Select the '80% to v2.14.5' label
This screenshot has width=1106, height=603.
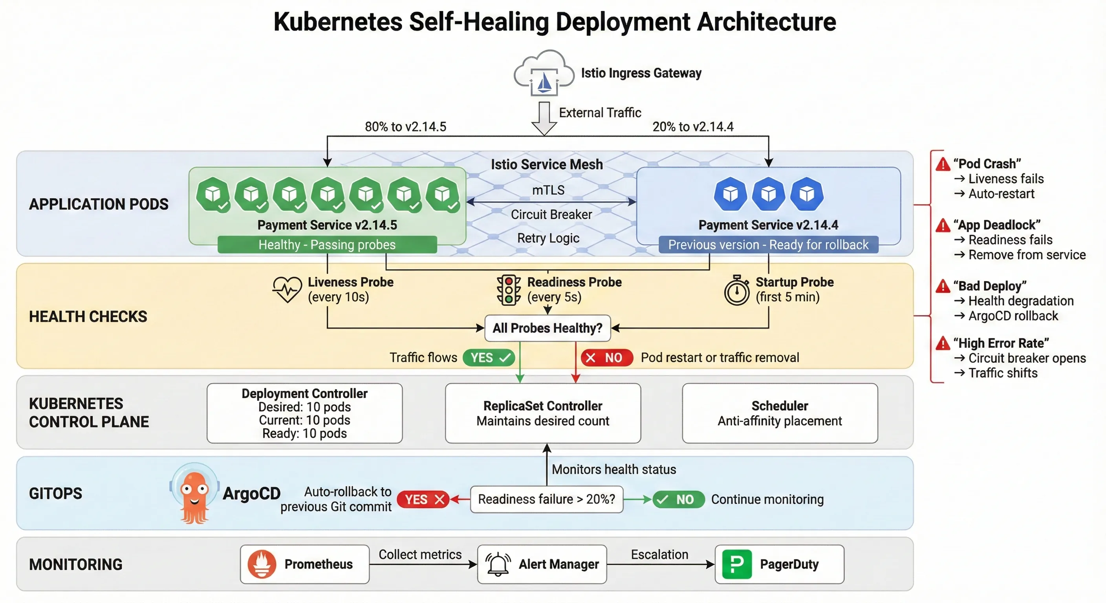click(405, 127)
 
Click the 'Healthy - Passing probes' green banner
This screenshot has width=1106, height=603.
click(327, 245)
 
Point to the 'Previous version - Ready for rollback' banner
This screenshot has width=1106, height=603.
click(768, 245)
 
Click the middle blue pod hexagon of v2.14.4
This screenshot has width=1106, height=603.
click(769, 194)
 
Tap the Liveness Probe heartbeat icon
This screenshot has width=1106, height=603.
click(287, 289)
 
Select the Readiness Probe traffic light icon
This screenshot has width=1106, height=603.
click(509, 290)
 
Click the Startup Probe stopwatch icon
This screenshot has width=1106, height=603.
click(737, 291)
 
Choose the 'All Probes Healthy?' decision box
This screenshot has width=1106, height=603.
click(548, 328)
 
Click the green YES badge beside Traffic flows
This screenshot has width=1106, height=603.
click(489, 358)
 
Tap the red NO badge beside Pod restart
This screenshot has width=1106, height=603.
click(606, 358)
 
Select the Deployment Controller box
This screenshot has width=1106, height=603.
click(304, 413)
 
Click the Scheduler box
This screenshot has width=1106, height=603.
click(779, 413)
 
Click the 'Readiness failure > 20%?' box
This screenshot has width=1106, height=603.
click(546, 499)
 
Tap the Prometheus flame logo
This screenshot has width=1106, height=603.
click(262, 564)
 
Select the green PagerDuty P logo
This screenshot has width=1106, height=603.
click(737, 564)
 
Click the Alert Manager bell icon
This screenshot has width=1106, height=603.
click(498, 564)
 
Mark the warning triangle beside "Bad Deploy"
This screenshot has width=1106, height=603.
click(943, 286)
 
